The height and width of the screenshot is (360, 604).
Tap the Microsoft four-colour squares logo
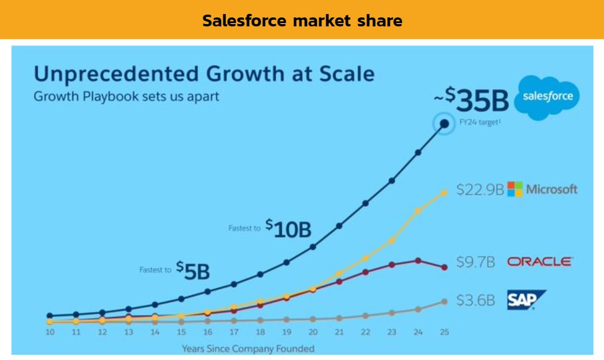pyautogui.click(x=515, y=189)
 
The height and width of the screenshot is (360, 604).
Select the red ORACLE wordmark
pyautogui.click(x=539, y=262)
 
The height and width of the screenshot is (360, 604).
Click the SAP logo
pyautogui.click(x=525, y=300)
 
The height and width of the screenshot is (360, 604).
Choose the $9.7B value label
pyautogui.click(x=475, y=262)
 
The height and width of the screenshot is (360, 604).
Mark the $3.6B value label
pyautogui.click(x=475, y=300)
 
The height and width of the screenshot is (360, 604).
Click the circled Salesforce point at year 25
pyautogui.click(x=445, y=124)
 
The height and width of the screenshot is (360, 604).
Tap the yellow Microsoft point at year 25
pyautogui.click(x=445, y=192)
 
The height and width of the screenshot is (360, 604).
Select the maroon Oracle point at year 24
pyautogui.click(x=418, y=260)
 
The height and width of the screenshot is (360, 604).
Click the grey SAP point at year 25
pyautogui.click(x=445, y=302)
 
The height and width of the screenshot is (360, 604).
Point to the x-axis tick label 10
pyautogui.click(x=50, y=332)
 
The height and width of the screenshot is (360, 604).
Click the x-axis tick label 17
pyautogui.click(x=234, y=332)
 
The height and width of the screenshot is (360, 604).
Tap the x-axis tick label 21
pyautogui.click(x=339, y=332)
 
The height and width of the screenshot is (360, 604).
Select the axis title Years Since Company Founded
pyautogui.click(x=248, y=348)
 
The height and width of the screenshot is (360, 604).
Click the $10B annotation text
pyautogui.click(x=288, y=229)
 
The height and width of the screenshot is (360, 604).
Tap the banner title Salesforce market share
pyautogui.click(x=302, y=21)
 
